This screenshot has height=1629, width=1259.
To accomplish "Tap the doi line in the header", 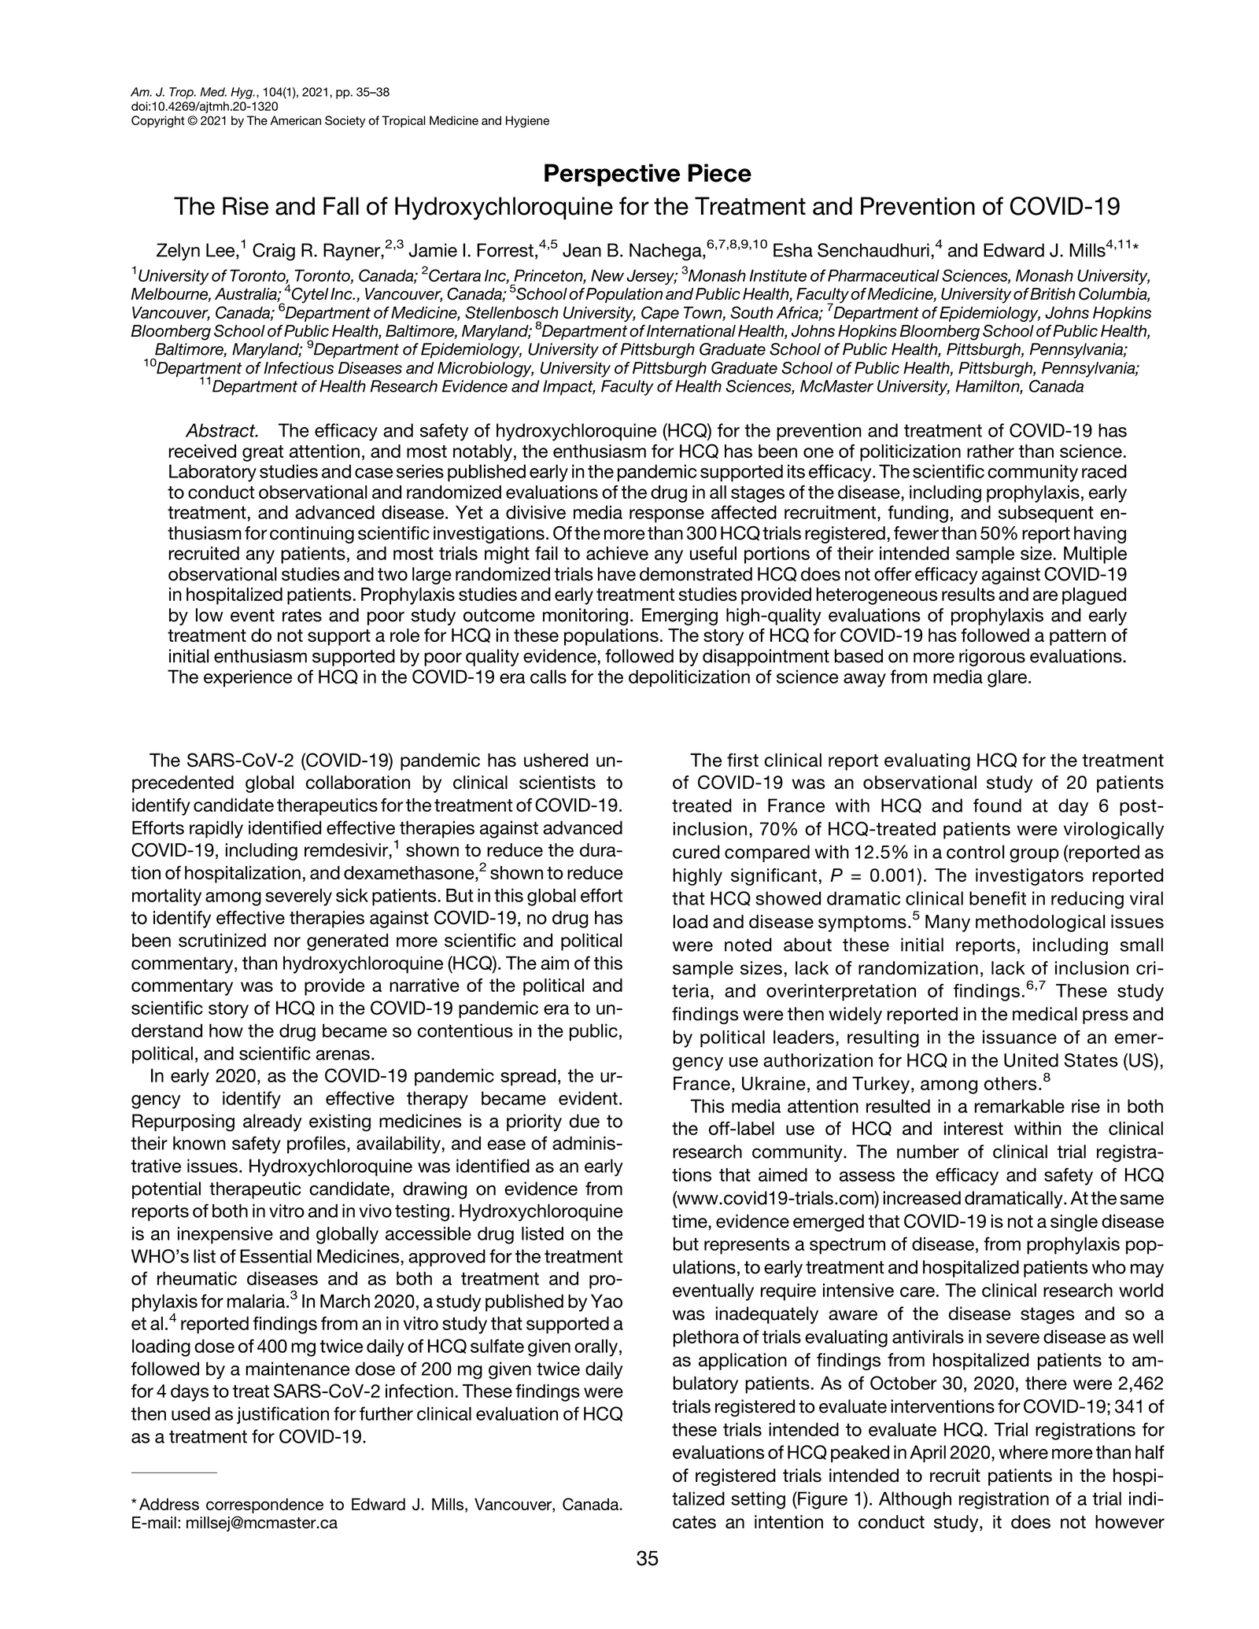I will pyautogui.click(x=204, y=106).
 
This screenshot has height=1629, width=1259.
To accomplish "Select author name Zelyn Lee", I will pyautogui.click(x=197, y=251).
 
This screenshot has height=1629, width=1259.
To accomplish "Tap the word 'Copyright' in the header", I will pyautogui.click(x=155, y=120).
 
